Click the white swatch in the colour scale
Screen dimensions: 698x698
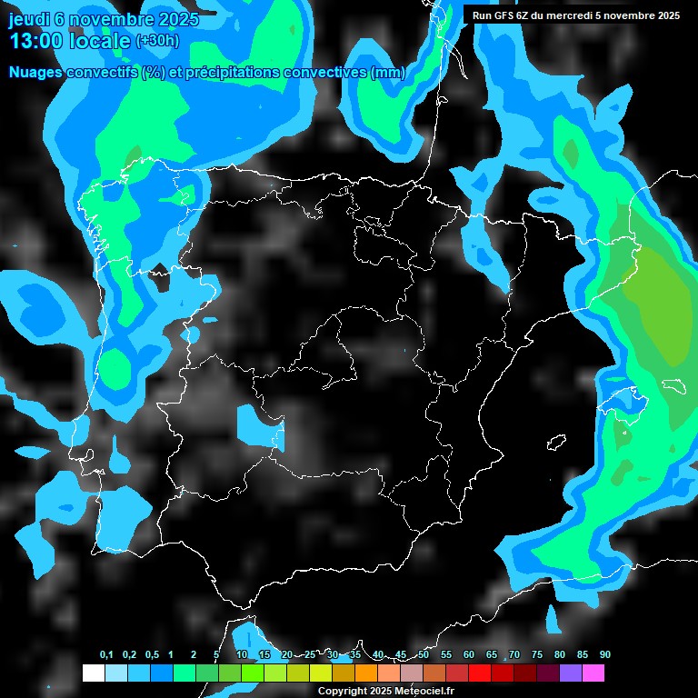tap(93, 673)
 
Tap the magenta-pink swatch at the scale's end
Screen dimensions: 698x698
tap(593, 673)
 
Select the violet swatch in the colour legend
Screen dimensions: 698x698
tap(570, 673)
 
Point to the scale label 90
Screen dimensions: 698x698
tap(604, 654)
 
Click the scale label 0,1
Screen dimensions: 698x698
tap(105, 654)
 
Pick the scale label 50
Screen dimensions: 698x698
tap(424, 654)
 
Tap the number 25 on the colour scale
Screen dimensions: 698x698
tap(310, 654)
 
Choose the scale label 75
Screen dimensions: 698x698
tap(536, 654)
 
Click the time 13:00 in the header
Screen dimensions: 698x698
tap(35, 41)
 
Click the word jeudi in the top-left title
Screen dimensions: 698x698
tap(29, 18)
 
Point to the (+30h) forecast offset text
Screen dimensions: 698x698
tap(156, 41)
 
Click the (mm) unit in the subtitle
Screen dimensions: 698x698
tap(389, 73)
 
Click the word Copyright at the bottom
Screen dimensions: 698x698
tap(344, 691)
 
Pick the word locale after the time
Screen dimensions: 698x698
tap(100, 41)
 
